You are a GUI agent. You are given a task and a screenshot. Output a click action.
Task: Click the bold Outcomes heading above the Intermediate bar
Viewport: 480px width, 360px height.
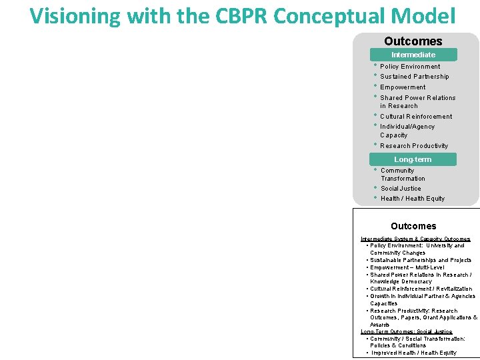pos(413,41)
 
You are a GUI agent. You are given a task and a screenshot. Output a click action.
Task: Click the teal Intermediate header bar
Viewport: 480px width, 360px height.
pos(413,55)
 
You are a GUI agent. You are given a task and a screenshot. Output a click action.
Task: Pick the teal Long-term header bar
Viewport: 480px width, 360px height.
pos(413,159)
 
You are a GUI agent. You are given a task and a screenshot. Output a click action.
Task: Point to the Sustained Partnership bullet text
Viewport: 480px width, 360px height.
pos(414,77)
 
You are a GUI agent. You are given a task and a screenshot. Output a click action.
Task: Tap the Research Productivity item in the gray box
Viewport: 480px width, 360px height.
pos(414,146)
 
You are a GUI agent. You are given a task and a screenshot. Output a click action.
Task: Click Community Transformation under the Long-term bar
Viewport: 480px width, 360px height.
pos(403,174)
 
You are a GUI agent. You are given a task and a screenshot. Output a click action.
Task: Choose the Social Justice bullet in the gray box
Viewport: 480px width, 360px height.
pos(401,189)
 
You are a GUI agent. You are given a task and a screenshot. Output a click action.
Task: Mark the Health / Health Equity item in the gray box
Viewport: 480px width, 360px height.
pos(412,199)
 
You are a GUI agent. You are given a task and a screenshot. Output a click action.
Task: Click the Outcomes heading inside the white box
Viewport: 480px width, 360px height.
pos(413,226)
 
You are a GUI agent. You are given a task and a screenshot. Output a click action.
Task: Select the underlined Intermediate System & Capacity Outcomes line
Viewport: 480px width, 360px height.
pos(415,239)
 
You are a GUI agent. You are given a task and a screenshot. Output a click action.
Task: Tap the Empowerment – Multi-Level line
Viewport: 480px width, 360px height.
pos(407,267)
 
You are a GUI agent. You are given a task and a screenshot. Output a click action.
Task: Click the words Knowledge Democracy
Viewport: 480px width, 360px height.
pos(401,282)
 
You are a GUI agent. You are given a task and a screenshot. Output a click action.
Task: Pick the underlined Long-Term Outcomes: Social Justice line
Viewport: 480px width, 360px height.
pos(406,331)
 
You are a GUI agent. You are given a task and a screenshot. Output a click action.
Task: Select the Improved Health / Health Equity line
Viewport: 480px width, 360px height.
pos(414,353)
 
